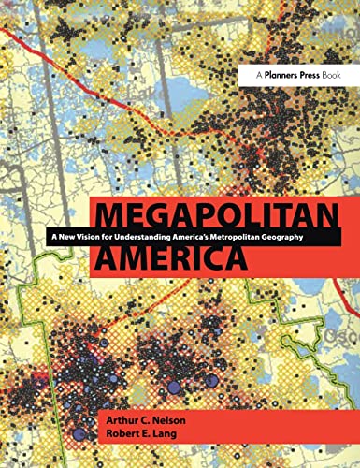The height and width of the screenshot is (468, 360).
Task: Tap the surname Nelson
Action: point(171,426)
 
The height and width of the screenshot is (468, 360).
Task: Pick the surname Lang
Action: point(168,442)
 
